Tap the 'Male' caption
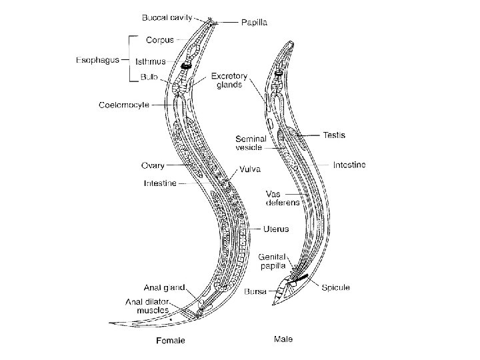[x=283, y=339]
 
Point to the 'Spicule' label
[x=336, y=287]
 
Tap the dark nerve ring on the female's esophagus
[x=186, y=67]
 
